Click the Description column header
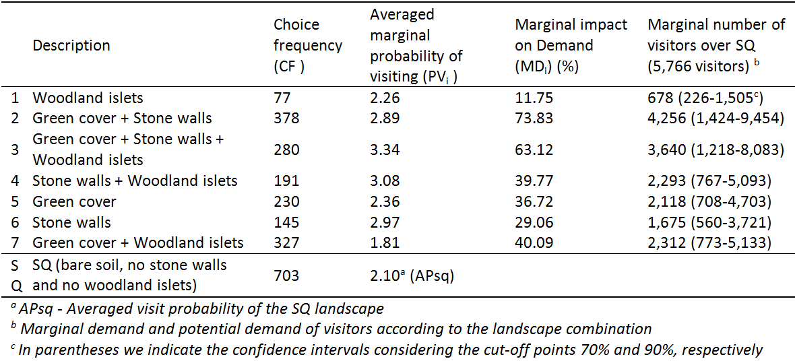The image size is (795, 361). (x=71, y=46)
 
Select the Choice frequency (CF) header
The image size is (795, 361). (x=307, y=46)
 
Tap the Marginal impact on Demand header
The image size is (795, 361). (x=571, y=46)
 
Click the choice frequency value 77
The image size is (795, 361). (x=282, y=98)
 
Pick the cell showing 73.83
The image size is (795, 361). (x=534, y=119)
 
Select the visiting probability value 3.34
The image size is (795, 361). (x=385, y=150)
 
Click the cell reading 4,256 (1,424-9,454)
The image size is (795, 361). (x=715, y=119)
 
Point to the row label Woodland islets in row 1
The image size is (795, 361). (x=88, y=98)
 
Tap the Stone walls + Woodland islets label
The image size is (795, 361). (x=135, y=180)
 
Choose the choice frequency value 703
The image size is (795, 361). (x=286, y=275)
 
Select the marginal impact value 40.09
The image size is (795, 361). (x=534, y=242)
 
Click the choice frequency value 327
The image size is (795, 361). (x=286, y=242)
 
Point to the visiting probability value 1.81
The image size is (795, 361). (x=385, y=242)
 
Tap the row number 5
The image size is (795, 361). (x=15, y=201)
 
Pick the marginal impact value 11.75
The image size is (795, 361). (x=534, y=98)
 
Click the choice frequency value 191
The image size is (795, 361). (x=286, y=180)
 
